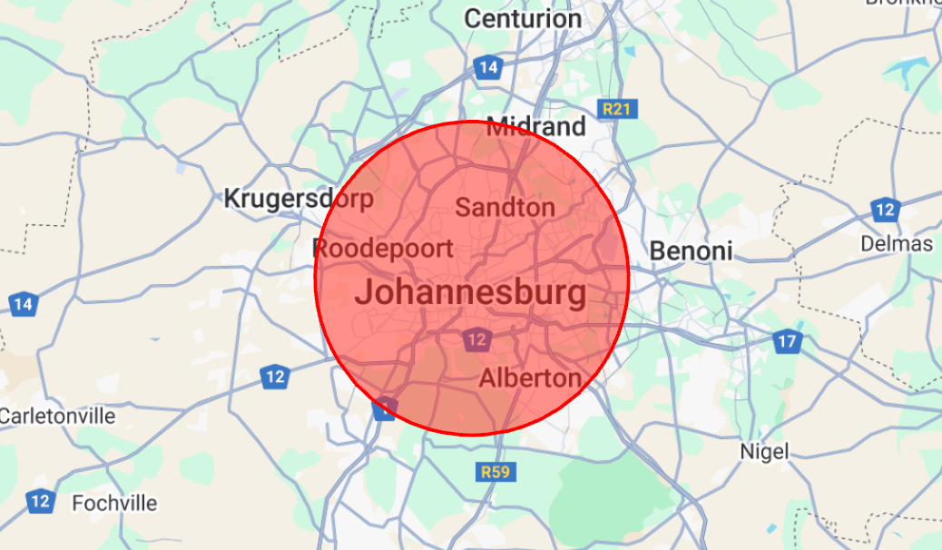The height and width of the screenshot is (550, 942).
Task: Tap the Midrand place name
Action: (536, 126)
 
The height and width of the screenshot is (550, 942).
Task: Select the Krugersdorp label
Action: (299, 198)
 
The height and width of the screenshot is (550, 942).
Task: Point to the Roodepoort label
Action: (382, 248)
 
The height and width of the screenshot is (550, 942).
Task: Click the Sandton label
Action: (505, 207)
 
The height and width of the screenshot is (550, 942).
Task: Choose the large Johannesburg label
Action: (470, 293)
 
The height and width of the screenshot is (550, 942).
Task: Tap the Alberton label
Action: (530, 378)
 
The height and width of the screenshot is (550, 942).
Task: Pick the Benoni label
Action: (692, 250)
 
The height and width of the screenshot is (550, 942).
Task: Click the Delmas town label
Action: (897, 243)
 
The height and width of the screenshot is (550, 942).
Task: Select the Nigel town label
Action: (764, 450)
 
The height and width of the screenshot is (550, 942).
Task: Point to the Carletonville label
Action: (57, 416)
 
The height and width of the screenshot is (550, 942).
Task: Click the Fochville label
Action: (114, 503)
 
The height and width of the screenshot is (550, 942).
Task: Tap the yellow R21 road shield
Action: (619, 110)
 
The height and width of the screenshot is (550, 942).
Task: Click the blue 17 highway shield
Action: (787, 342)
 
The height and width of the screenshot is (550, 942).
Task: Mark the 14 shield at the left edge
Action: (23, 304)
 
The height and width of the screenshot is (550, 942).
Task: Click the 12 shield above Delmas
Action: (885, 211)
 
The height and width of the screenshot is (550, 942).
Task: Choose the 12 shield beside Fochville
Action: (40, 500)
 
